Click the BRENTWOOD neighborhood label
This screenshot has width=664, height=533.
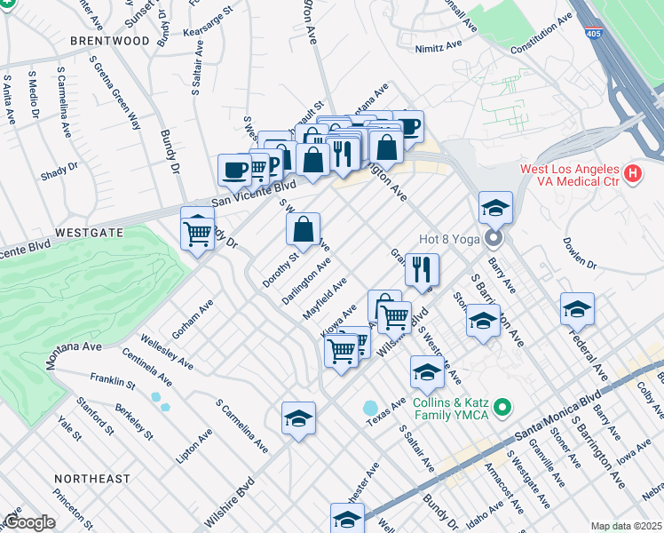tap(110, 41)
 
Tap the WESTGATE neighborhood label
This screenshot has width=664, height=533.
tap(90, 231)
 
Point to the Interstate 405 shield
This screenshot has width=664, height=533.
tap(592, 34)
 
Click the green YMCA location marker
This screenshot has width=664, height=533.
tap(502, 408)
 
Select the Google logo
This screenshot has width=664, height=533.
tap(29, 522)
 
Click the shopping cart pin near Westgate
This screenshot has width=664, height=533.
tap(197, 233)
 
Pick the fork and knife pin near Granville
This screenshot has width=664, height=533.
tap(423, 268)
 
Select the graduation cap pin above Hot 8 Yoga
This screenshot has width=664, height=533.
tap(495, 208)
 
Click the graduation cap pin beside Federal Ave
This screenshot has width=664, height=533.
tap(577, 309)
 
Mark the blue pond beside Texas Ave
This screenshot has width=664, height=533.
tap(370, 408)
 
